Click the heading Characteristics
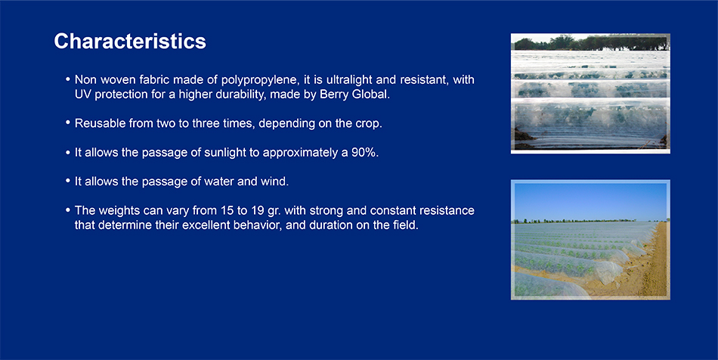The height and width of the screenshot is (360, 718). pyautogui.click(x=130, y=42)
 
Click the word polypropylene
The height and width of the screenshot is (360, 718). pyautogui.click(x=258, y=80)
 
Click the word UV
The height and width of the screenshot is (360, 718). pyautogui.click(x=83, y=95)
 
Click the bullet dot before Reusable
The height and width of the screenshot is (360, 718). pyautogui.click(x=68, y=123)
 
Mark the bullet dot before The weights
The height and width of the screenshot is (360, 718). pyautogui.click(x=68, y=210)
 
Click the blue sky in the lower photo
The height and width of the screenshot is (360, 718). pyautogui.click(x=590, y=200)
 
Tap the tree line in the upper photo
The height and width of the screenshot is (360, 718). pyautogui.click(x=591, y=43)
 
